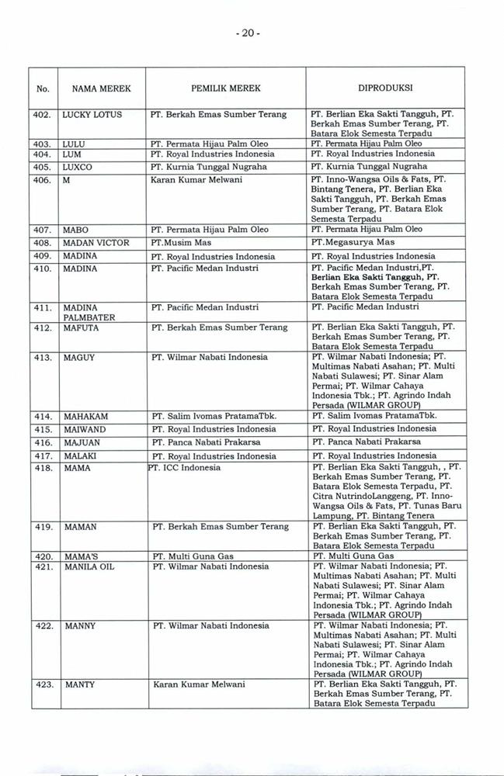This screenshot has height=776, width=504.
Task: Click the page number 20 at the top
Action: [252, 34]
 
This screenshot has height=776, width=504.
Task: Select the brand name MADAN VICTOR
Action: [96, 243]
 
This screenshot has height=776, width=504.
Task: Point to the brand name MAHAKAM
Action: [85, 417]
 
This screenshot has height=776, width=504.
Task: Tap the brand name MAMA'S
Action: [82, 556]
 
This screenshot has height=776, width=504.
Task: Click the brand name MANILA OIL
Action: [89, 566]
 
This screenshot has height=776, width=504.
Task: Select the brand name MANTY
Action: [80, 685]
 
